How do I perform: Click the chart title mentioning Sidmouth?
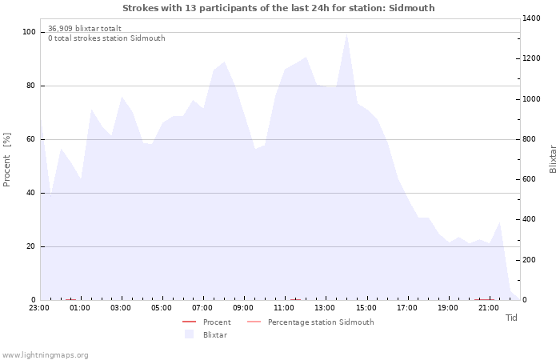point(278,8)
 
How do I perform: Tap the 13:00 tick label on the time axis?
point(325,308)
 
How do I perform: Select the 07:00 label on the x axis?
point(202,308)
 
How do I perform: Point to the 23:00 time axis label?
point(39,308)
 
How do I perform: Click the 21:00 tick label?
point(488,308)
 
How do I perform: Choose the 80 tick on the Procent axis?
point(30,86)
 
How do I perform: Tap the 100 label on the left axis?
point(29,32)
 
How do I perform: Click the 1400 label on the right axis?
point(531,18)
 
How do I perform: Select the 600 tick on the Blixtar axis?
point(530,179)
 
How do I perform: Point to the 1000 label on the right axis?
point(531,99)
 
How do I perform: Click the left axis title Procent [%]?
point(6,160)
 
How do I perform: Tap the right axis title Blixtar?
point(553,159)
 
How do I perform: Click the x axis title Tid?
point(511,318)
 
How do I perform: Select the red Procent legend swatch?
point(190,322)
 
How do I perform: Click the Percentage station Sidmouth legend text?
point(321,322)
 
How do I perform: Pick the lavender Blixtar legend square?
point(189,334)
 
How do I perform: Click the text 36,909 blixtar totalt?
point(85,29)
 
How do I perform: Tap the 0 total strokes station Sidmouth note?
point(106,38)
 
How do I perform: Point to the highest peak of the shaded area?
point(346,34)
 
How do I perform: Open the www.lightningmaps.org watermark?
point(44,355)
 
